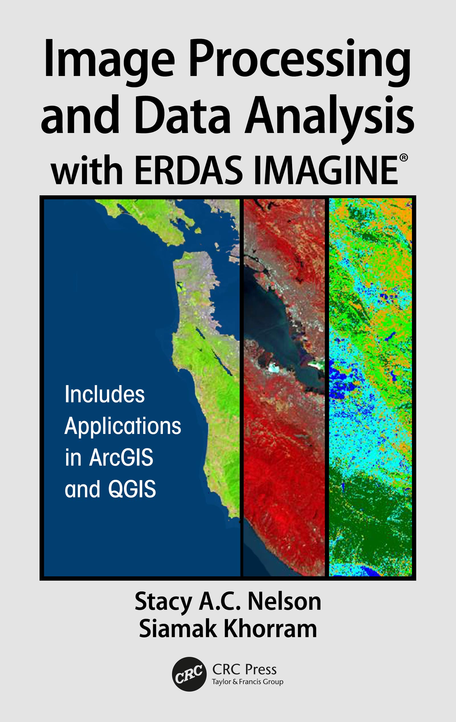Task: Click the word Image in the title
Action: click(x=109, y=60)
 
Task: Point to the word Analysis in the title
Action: click(x=329, y=115)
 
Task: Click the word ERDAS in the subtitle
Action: click(x=189, y=171)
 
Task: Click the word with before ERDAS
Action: click(x=87, y=171)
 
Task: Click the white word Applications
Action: click(x=123, y=426)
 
